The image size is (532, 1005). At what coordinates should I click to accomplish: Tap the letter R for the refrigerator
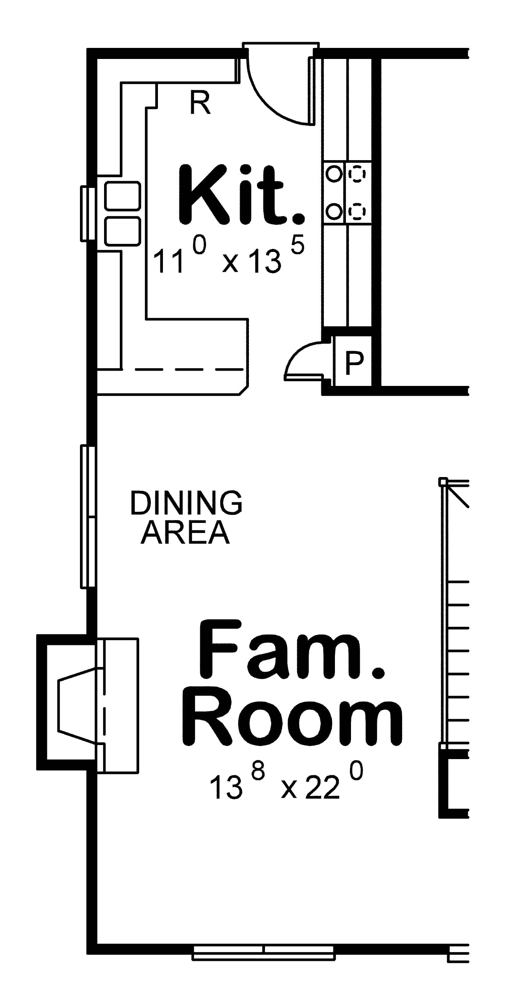click(x=200, y=103)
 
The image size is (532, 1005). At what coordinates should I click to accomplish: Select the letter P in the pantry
click(x=354, y=363)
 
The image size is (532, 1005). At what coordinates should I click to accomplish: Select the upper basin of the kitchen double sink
click(x=122, y=195)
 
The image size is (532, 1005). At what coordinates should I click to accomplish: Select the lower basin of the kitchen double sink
click(x=122, y=231)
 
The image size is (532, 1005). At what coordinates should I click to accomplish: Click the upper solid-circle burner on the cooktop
click(x=334, y=174)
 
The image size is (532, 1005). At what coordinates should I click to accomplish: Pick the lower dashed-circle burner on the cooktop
click(x=357, y=212)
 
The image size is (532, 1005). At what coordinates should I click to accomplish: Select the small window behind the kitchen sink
click(x=87, y=214)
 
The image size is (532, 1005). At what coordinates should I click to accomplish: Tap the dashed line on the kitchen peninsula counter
click(x=189, y=369)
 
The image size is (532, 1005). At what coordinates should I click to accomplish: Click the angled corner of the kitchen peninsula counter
click(x=244, y=391)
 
